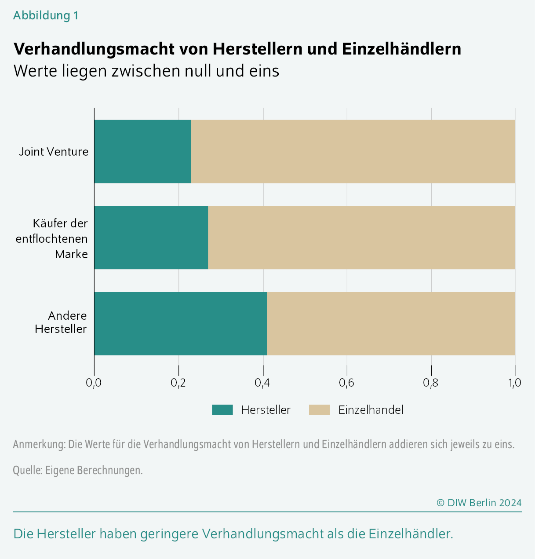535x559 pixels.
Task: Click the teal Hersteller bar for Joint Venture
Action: (142, 151)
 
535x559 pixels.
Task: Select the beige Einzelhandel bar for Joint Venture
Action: (353, 151)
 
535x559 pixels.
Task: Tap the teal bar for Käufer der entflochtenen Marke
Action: (151, 237)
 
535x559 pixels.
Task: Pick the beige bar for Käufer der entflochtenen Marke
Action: (361, 237)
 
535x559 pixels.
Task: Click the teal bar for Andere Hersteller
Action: (180, 324)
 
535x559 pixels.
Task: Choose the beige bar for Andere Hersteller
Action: (390, 324)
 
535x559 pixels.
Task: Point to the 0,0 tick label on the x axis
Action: (94, 383)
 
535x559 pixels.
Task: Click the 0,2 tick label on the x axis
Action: (178, 383)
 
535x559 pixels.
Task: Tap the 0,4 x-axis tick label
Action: (262, 383)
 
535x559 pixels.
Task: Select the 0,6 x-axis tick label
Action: (347, 383)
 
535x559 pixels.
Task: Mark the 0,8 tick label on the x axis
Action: (431, 383)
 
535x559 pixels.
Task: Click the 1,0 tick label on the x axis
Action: (515, 383)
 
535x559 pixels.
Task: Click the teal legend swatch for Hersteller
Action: (222, 410)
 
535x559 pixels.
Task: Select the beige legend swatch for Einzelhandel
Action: (319, 410)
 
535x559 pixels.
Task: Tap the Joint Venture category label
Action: (54, 152)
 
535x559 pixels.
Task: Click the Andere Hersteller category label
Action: (61, 322)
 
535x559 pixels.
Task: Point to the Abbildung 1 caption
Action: (46, 15)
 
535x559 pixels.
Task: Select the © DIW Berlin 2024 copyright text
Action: (479, 503)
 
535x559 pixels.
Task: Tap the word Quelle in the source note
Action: (27, 470)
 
